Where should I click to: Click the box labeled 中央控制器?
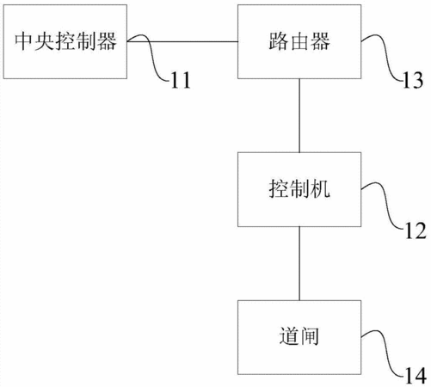pos(65,41)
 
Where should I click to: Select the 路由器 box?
pos(299,41)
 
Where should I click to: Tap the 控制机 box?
pos(299,189)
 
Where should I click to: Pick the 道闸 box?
pos(299,337)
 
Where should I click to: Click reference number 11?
pos(181,80)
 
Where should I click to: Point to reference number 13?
pos(413,80)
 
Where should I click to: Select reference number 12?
pos(416,230)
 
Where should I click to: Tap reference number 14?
pos(416,376)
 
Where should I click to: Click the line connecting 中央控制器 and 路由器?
pos(182,41)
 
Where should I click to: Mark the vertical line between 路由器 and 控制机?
pos(299,115)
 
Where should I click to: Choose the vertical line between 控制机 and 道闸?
pos(299,263)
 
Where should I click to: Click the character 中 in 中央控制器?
pos(23,41)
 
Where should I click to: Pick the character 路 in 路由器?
pos(279,41)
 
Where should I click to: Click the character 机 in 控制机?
pos(320,189)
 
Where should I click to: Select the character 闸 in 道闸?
pos(310,336)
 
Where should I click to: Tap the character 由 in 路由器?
pos(299,41)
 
